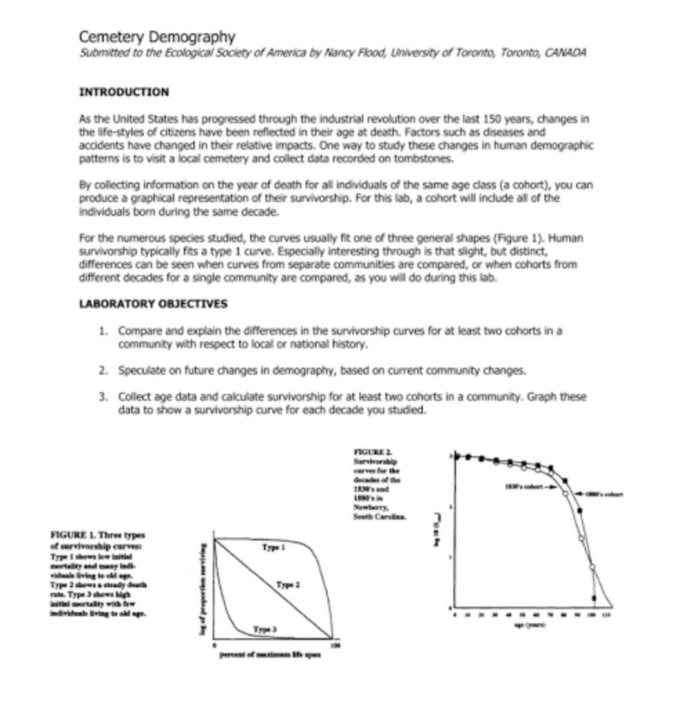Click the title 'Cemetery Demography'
[157, 37]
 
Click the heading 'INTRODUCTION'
[124, 92]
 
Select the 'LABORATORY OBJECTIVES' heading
[153, 304]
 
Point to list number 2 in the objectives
[103, 370]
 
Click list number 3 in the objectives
[103, 396]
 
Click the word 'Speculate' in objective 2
[141, 370]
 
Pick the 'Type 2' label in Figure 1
[287, 585]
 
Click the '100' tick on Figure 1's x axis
[333, 646]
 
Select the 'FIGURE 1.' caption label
[73, 534]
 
